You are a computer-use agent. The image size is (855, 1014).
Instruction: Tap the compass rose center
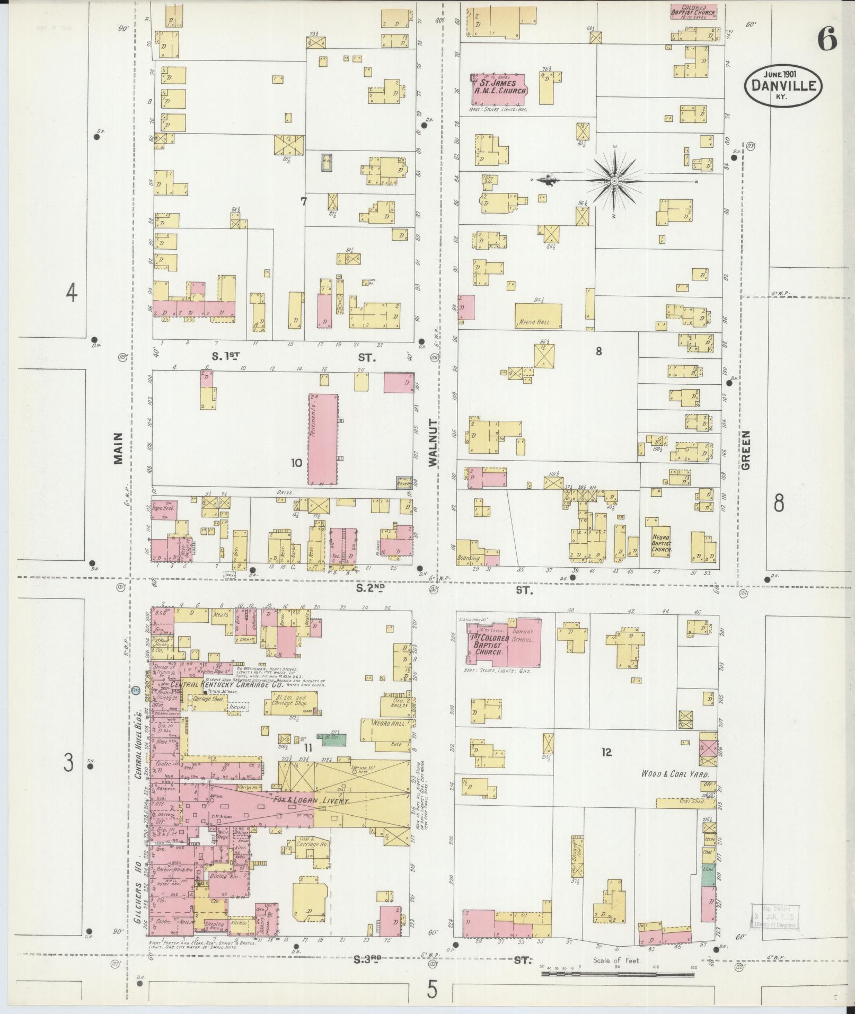614,181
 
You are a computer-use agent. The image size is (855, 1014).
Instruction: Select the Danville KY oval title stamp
783,85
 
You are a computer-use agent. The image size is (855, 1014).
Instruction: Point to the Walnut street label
434,443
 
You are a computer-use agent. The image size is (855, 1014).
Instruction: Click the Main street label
118,448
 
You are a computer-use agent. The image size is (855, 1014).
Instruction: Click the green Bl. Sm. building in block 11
331,737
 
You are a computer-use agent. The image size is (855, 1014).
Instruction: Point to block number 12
606,752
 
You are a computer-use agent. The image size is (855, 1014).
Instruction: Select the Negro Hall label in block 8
538,322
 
